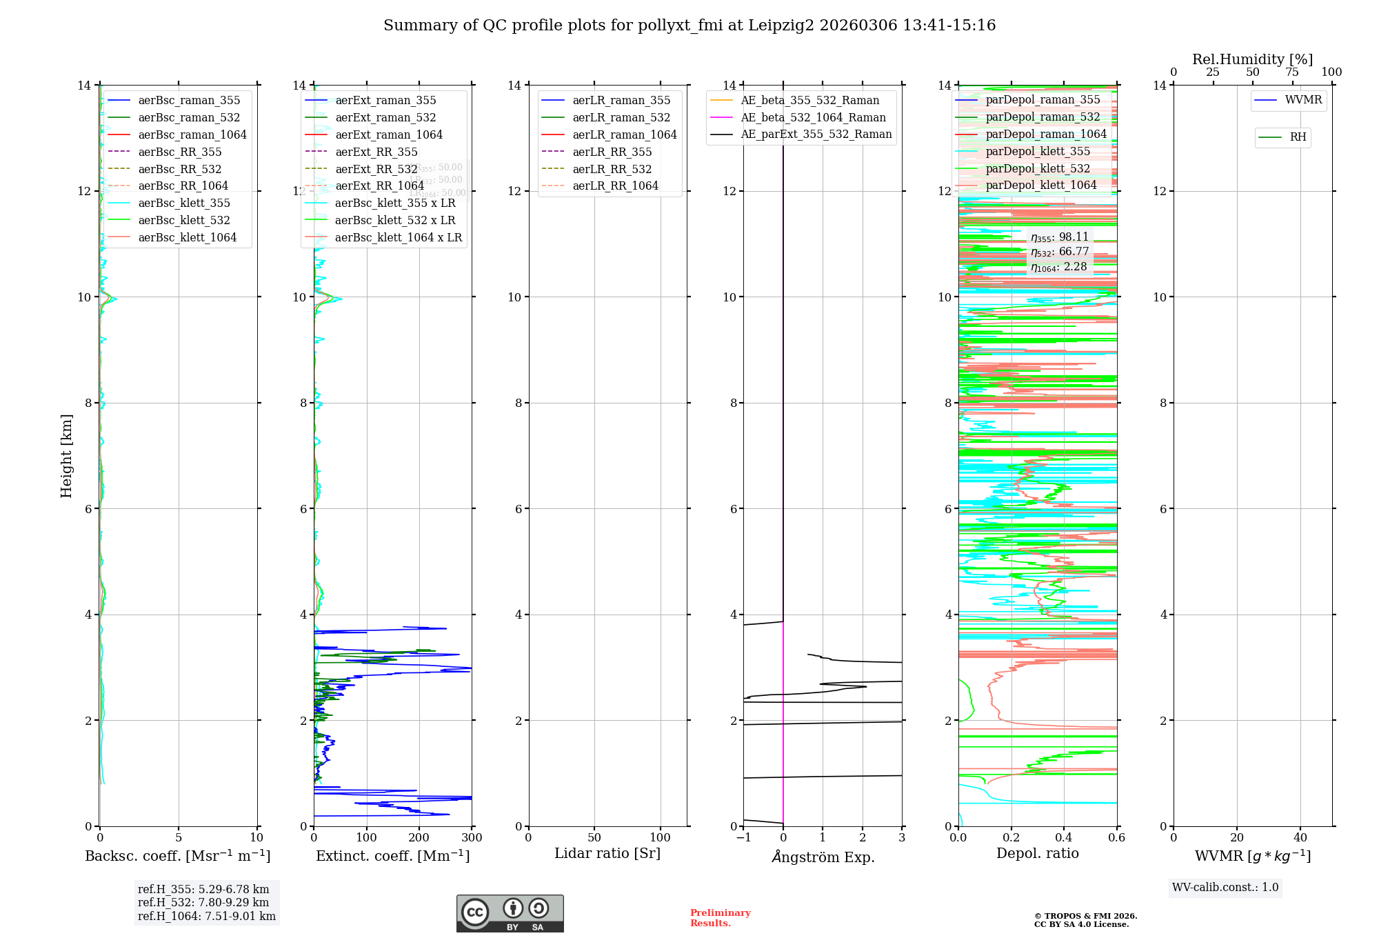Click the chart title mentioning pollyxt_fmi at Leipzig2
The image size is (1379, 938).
click(689, 26)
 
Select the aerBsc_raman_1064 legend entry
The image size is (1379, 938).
click(192, 134)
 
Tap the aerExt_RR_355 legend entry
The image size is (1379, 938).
click(376, 152)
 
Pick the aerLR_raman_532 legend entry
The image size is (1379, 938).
click(621, 117)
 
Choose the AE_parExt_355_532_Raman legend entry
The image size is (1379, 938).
click(816, 134)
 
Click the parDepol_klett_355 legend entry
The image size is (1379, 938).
click(1037, 151)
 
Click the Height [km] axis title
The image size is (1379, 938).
click(66, 455)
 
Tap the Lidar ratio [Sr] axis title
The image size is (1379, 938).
click(607, 853)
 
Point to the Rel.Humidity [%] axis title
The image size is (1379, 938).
click(1252, 59)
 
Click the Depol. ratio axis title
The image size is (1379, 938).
click(1037, 853)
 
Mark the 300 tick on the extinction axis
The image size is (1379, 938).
click(472, 837)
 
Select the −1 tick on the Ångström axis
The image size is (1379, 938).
click(743, 837)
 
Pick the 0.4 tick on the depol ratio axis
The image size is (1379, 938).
click(1064, 837)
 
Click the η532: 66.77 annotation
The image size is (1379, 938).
click(1060, 252)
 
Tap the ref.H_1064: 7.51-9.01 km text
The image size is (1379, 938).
click(206, 916)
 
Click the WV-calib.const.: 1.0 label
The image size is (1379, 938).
click(1225, 887)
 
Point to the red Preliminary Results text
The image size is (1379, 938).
click(720, 917)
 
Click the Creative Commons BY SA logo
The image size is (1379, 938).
click(510, 913)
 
